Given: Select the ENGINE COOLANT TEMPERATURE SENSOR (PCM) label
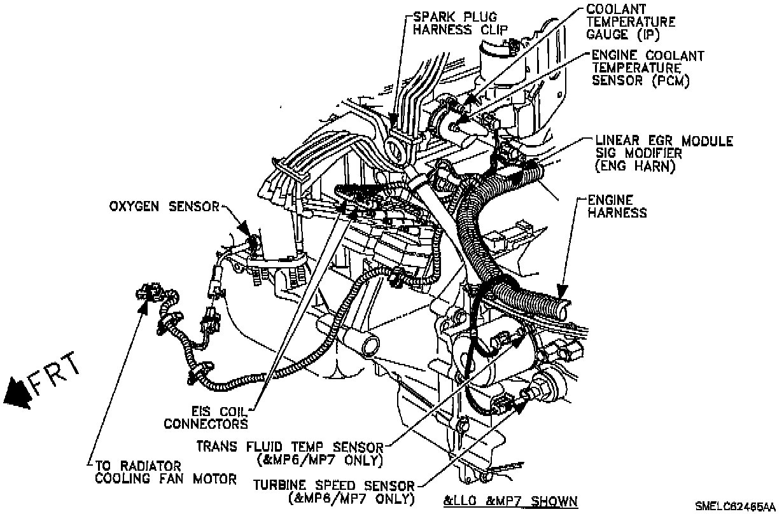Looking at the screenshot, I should (x=647, y=67).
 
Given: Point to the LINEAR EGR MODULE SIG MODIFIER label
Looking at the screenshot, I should (x=664, y=153).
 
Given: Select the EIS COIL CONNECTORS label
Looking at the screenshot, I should (x=206, y=417).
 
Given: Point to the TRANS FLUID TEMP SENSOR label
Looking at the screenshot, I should (x=290, y=452).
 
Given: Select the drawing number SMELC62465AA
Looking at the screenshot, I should (x=739, y=507).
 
